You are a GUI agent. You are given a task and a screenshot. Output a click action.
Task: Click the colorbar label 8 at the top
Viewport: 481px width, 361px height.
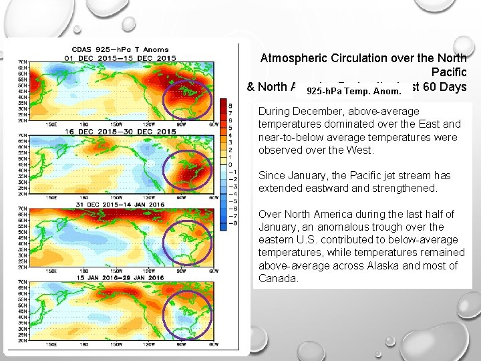click(x=230, y=106)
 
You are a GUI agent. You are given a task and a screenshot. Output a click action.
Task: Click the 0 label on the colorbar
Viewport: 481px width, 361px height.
click(x=230, y=164)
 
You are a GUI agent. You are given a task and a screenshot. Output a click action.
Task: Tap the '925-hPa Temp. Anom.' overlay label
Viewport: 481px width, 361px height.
click(x=353, y=90)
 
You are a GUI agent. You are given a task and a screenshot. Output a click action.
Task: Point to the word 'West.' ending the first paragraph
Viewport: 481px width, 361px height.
click(x=359, y=150)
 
